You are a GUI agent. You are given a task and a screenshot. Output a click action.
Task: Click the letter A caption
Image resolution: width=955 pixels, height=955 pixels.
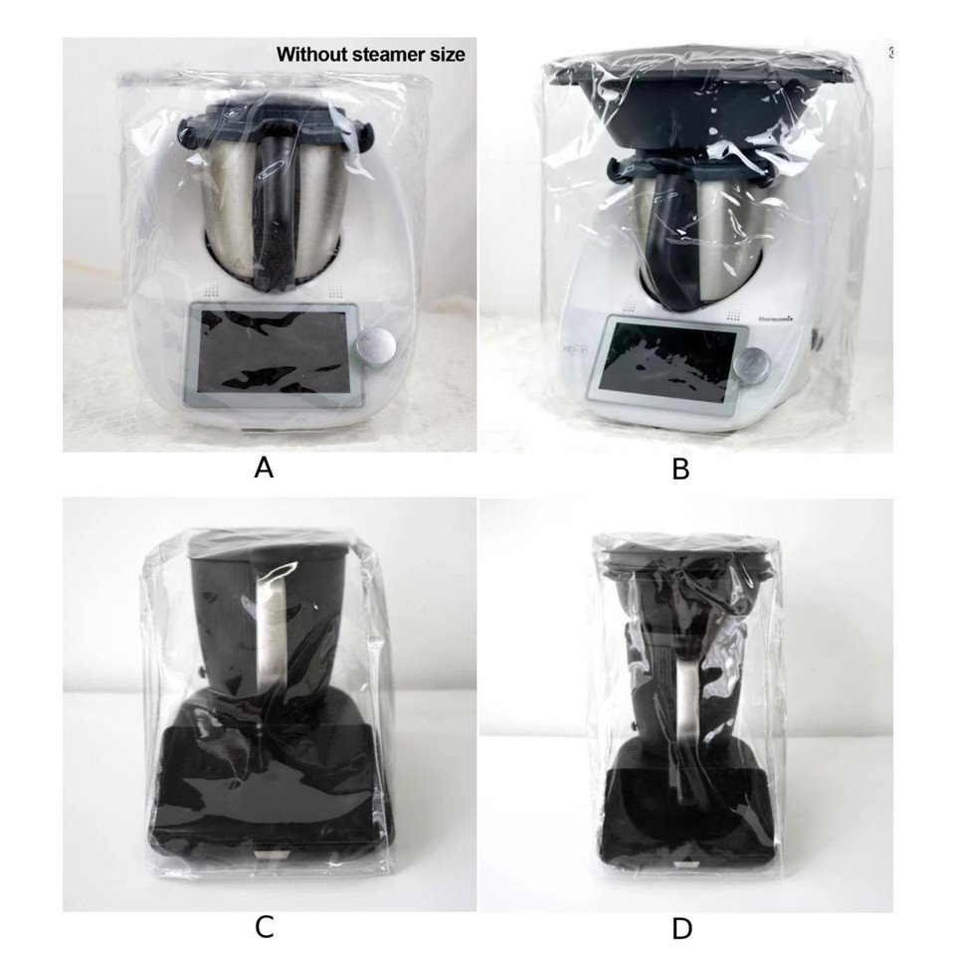264,468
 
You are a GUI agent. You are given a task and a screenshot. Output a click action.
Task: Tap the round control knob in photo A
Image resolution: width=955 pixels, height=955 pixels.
379,347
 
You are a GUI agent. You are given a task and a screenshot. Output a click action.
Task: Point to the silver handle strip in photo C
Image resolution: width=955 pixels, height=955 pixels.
268,637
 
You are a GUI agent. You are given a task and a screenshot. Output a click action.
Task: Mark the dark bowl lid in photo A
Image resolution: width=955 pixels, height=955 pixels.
274,115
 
